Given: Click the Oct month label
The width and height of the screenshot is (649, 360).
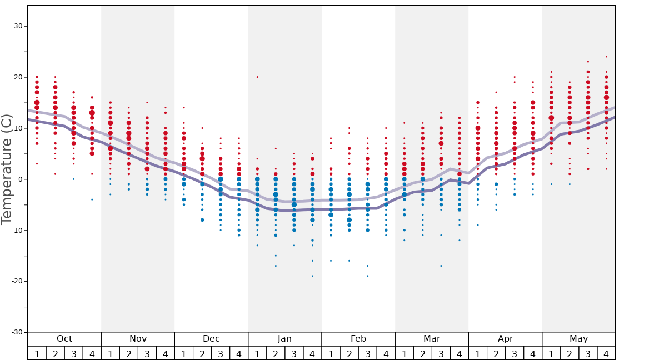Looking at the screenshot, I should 64,339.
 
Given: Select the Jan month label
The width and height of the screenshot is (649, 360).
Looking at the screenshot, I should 284,339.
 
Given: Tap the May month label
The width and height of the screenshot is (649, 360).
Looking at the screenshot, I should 578,339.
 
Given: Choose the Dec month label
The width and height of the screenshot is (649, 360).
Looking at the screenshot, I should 211,339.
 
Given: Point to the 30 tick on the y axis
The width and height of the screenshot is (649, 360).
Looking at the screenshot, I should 18,26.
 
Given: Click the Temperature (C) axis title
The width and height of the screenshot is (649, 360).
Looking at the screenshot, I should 7,169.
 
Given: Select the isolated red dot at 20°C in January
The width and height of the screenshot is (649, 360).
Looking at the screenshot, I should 257,77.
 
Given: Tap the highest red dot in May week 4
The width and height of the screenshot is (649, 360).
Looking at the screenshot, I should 606,57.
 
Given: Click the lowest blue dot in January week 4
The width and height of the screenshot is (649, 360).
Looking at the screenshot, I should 312,276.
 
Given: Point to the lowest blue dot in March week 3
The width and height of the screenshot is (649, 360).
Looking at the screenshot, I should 441,266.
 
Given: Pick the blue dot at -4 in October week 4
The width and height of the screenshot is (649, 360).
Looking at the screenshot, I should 92,199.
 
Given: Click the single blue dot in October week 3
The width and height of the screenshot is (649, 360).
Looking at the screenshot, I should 73,179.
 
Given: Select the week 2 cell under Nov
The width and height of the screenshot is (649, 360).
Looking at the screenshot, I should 129,353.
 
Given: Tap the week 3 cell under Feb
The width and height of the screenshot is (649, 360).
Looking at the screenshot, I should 367,353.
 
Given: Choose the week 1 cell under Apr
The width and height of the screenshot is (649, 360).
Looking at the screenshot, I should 478,353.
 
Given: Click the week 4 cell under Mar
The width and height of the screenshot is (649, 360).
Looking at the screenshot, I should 460,353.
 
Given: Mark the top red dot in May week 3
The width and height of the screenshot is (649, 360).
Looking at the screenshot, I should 588,62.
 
